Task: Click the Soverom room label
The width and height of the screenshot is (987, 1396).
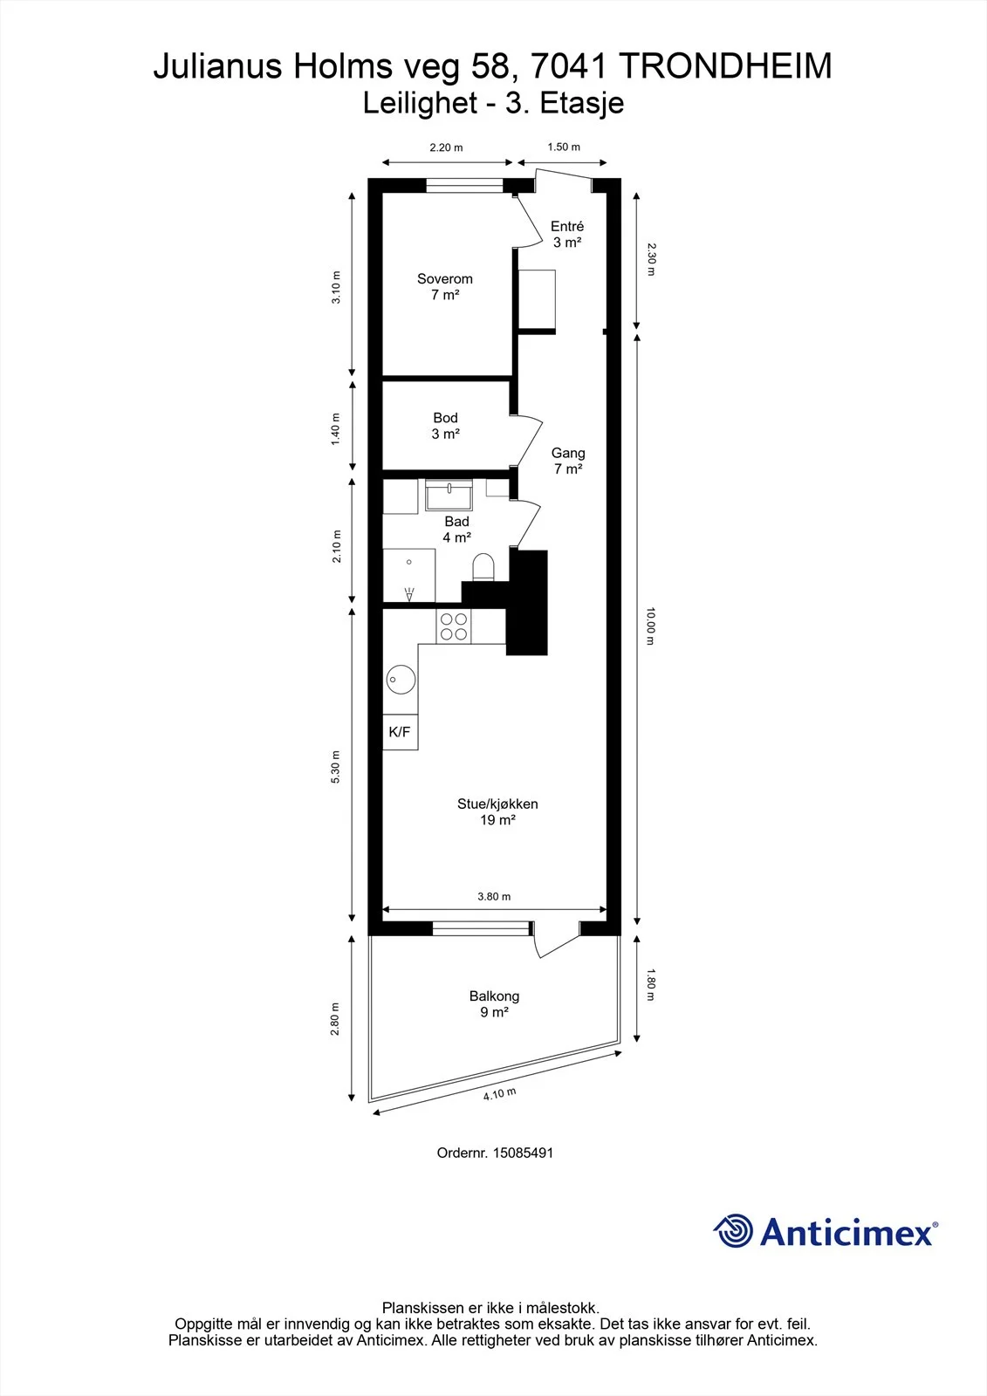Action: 444,279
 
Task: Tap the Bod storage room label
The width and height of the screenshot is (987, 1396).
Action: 445,418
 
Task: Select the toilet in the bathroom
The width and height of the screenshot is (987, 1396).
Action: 483,567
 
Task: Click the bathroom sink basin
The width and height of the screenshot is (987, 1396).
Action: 449,496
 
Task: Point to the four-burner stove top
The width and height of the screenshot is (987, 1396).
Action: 453,627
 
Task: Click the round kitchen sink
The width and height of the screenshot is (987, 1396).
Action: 401,680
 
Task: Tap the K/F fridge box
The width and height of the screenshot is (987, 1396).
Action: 400,732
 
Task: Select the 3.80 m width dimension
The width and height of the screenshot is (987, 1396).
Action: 494,897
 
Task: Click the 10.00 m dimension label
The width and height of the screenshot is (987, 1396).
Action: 650,626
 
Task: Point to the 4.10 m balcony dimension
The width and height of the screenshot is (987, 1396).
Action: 499,1094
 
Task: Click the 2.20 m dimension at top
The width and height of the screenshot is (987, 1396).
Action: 447,147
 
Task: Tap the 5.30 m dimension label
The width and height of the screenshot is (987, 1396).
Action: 335,767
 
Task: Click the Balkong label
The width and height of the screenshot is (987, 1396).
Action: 495,996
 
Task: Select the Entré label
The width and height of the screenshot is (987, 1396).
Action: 566,226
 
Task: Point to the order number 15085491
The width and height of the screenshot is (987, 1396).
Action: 523,1153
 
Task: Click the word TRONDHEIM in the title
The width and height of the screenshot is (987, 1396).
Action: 727,66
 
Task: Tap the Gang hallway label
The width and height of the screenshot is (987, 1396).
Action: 568,453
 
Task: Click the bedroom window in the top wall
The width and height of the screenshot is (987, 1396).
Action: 464,186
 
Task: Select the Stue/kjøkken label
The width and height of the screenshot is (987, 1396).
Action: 497,804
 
